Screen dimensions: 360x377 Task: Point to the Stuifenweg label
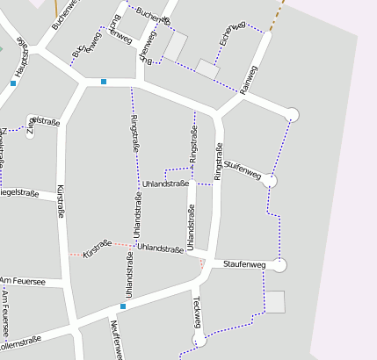[243, 169]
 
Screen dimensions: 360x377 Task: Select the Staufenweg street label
[244, 263]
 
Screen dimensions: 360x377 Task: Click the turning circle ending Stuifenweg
[272, 181]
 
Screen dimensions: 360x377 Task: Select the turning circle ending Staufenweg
[280, 264]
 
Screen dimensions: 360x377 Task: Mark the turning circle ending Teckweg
[199, 341]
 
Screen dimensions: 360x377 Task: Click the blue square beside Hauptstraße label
[13, 83]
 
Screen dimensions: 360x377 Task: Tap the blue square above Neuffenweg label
[123, 306]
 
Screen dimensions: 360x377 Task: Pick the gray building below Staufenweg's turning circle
[276, 301]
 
